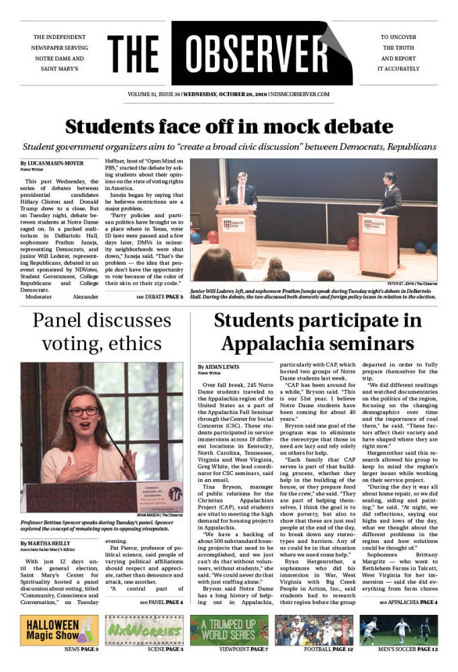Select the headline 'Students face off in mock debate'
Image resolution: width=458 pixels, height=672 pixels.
point(229,126)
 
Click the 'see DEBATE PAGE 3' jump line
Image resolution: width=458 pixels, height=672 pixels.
point(159,296)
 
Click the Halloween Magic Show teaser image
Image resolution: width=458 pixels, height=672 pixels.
point(59,630)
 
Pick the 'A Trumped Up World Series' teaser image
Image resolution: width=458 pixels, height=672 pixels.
point(229,630)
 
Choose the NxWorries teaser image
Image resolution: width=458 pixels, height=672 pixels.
point(144,630)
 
